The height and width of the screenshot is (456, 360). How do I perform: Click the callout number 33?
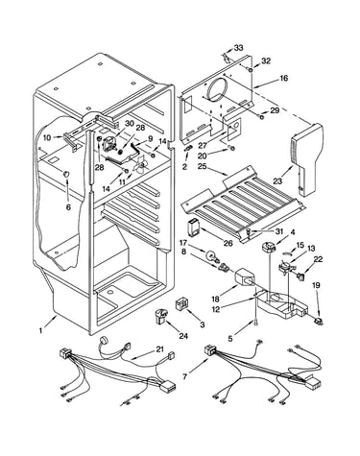coord(238,48)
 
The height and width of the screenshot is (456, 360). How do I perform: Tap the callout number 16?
coord(283,78)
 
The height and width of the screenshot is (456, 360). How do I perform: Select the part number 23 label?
coord(277,181)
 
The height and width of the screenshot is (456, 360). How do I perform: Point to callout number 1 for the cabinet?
coord(40,331)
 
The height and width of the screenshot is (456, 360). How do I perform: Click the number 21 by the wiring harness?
coord(160,349)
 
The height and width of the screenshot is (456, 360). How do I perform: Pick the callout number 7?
coord(184,377)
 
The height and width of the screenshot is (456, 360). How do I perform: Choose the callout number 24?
coord(183,336)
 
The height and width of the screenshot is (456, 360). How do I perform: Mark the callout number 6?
coord(68,207)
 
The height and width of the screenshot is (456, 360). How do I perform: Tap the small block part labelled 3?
coord(180,303)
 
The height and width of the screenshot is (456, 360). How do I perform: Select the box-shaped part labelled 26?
coord(194,228)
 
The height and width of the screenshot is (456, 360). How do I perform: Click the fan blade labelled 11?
coord(140,163)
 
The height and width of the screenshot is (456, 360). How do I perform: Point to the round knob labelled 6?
coord(66,175)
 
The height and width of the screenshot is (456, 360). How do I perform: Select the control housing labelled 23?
coord(307,158)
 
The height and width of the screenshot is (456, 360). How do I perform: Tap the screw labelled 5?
coord(255,324)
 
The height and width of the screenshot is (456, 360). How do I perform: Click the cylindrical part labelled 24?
coord(161,317)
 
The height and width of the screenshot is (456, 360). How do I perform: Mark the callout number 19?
coord(316,285)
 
